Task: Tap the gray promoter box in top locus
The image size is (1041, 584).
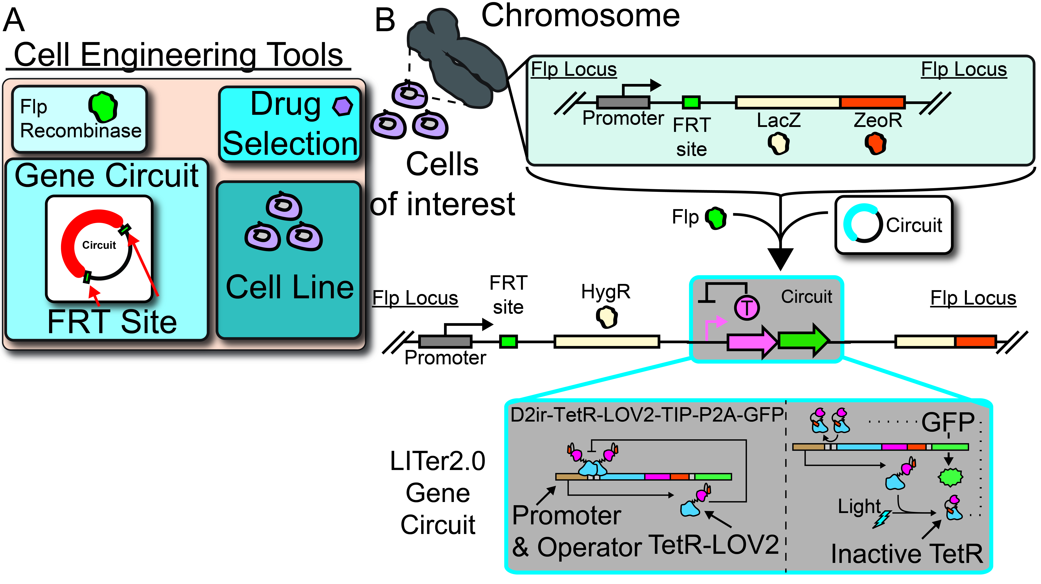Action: click(623, 102)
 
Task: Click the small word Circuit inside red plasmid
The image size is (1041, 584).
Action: click(99, 245)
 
